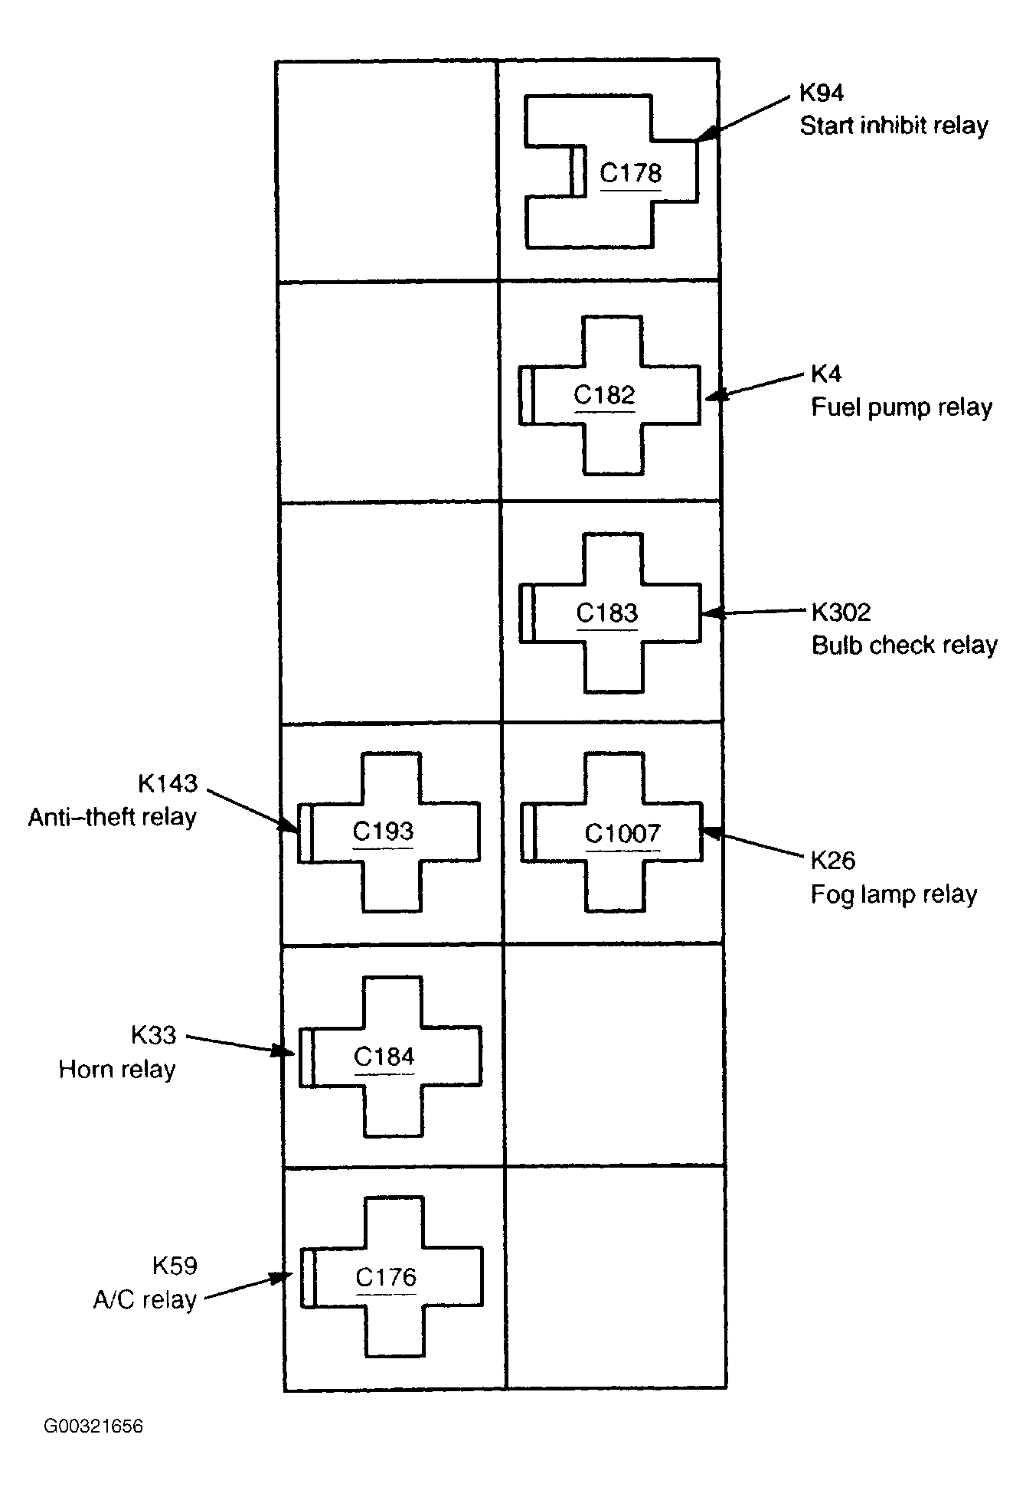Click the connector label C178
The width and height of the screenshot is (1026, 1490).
pos(630,173)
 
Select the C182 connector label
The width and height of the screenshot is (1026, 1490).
pos(605,395)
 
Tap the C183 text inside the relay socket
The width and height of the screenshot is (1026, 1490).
pos(607,613)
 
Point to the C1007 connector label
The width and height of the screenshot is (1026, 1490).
pos(622,833)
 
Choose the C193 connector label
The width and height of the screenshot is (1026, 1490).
pos(383,832)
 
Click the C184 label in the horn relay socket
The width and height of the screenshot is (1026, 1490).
pos(384,1057)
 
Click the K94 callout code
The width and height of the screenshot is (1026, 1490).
pos(822,93)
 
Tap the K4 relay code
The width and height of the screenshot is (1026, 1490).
pos(826,374)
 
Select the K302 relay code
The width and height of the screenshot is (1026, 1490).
pos(841,613)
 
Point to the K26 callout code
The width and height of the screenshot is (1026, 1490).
pos(833,861)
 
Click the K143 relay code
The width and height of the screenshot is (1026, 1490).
pos(168,783)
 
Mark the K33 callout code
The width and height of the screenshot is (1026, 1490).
pos(154,1035)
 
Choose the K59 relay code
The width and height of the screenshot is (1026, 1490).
pos(175,1266)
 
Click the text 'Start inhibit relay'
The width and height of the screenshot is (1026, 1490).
pos(894,125)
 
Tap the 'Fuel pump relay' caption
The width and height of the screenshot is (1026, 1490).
pos(902,407)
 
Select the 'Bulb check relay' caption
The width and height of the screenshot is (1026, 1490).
pos(904,645)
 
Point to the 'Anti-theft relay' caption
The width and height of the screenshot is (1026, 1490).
pos(113,817)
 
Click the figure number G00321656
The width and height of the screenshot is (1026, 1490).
pos(93,1426)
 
